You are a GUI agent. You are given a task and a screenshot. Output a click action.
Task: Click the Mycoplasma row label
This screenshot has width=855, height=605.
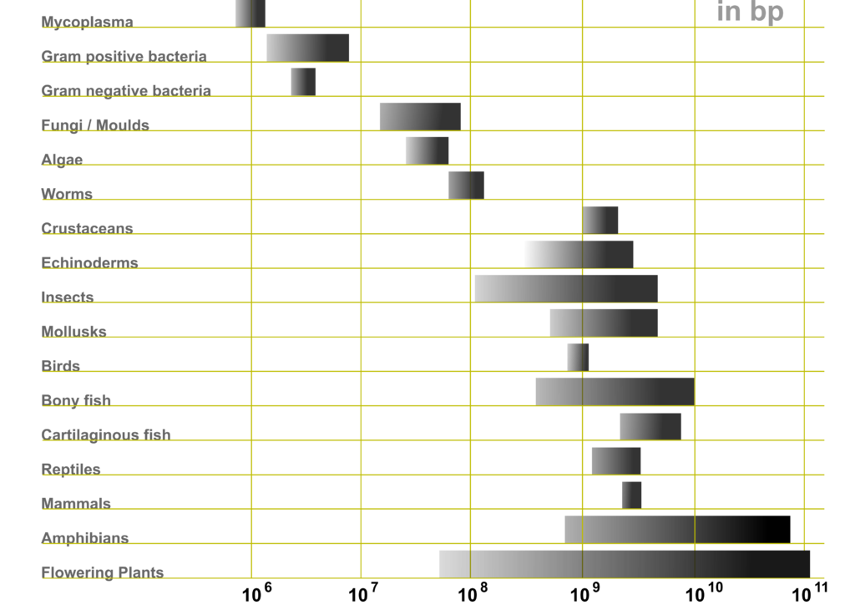tap(87, 22)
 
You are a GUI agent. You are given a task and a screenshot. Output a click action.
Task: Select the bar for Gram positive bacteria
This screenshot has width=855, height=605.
tap(307, 48)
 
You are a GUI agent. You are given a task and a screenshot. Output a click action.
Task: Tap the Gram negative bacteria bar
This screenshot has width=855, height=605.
tap(303, 82)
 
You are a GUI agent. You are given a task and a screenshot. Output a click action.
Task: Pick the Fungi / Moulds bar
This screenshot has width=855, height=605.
tap(421, 117)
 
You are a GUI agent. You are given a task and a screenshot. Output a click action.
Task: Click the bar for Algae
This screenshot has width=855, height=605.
tap(427, 150)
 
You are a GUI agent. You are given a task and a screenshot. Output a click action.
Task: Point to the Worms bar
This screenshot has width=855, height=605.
tap(466, 186)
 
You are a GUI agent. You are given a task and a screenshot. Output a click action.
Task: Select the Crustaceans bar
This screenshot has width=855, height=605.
tap(600, 220)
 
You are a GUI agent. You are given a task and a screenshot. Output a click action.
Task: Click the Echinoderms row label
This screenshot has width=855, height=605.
tap(90, 262)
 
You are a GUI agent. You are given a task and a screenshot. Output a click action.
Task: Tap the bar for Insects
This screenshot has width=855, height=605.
tap(566, 288)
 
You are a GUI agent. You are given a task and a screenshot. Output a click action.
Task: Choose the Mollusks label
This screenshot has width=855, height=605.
tap(74, 331)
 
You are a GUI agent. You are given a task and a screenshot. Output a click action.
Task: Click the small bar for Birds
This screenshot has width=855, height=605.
tap(578, 358)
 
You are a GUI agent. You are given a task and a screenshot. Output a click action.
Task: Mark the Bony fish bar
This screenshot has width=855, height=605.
tap(615, 392)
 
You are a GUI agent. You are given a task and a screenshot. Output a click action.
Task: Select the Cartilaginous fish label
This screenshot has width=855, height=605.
tap(106, 435)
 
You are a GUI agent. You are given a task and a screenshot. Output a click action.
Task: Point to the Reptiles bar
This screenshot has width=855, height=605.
tap(616, 461)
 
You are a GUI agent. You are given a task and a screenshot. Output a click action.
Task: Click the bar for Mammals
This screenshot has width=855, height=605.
tap(631, 496)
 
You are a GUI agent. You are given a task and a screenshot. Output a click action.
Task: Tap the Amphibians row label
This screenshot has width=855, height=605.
tap(85, 538)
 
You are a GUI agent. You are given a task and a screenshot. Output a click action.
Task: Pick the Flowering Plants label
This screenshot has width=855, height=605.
tap(103, 572)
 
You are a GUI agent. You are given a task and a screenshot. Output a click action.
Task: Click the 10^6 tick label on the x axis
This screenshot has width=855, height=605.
tap(257, 592)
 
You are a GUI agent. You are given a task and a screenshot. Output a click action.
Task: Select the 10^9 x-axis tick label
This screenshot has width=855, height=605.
tap(585, 592)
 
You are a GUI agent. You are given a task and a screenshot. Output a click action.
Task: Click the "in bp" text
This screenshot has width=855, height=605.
tap(751, 12)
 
